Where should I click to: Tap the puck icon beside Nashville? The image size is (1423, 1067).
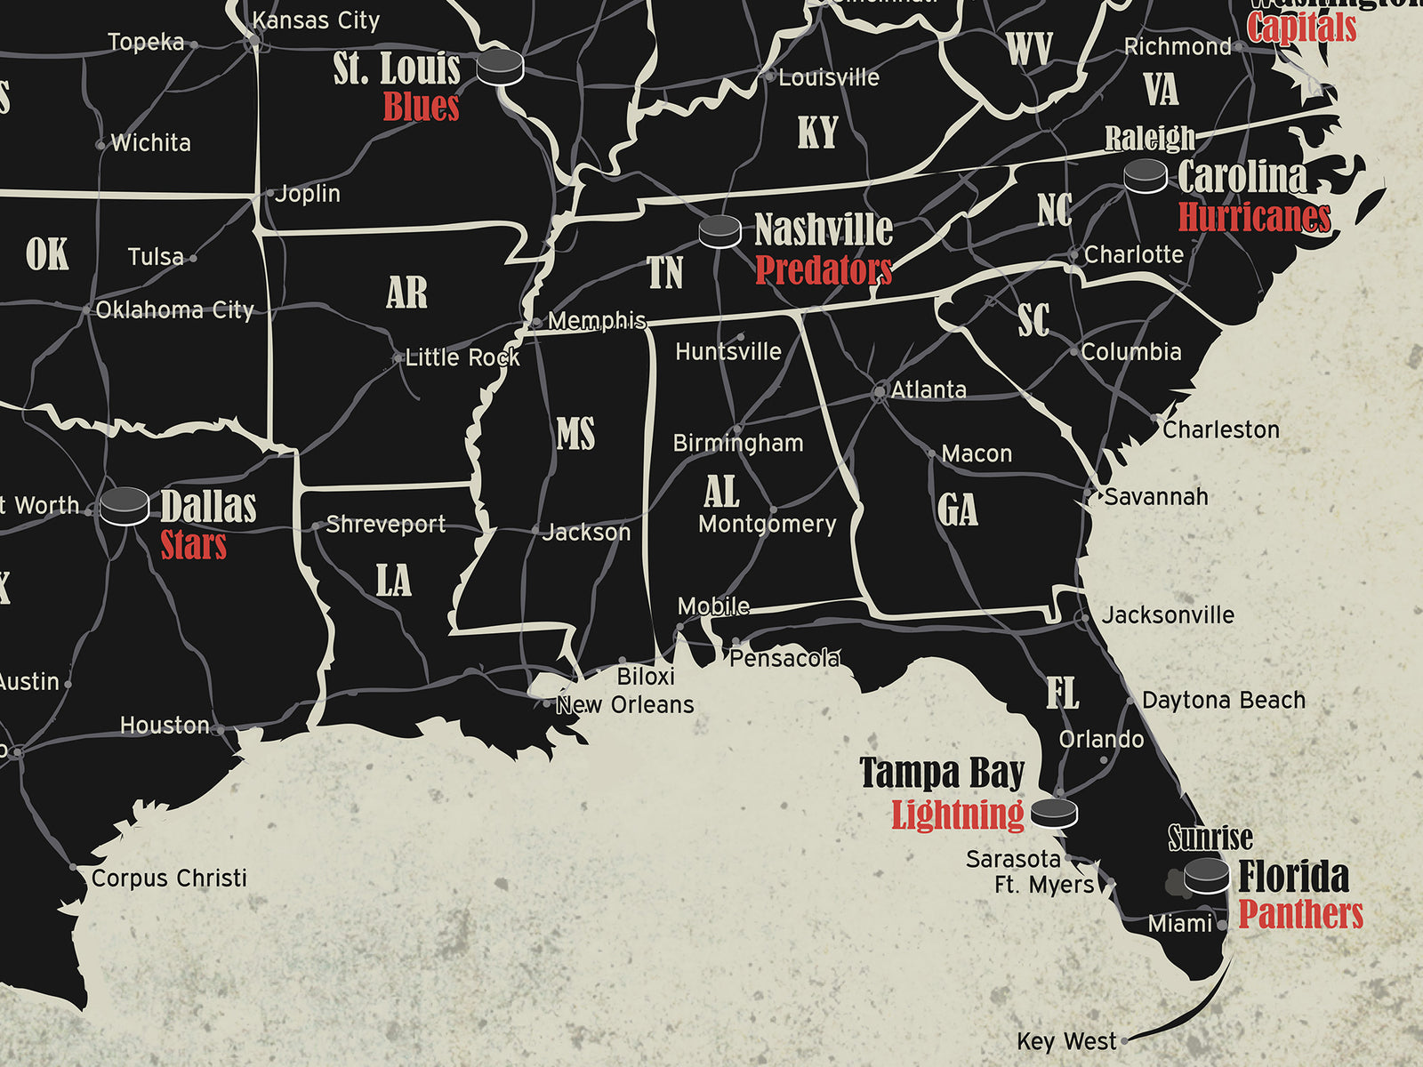[720, 231]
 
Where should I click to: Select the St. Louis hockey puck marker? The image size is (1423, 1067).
[499, 67]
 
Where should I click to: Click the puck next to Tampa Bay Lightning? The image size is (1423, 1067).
[1054, 813]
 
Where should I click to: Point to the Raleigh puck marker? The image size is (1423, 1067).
[1145, 176]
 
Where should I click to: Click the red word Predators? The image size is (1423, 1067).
[823, 270]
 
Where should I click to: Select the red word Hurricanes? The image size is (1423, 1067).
[1254, 217]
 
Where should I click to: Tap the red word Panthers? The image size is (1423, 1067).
[1300, 914]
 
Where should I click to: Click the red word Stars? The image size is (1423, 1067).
[193, 545]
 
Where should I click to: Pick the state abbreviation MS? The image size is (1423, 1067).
[575, 435]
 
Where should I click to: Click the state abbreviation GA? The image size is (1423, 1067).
[957, 510]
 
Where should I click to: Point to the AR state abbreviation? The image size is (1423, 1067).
[406, 293]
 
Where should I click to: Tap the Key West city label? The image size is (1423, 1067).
[1066, 1041]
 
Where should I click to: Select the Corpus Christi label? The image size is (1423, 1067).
[169, 878]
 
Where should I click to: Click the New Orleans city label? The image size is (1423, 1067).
[624, 705]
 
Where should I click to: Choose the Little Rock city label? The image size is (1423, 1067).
[462, 357]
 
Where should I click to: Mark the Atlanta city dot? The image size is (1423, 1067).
[880, 391]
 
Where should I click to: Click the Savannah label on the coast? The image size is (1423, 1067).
[1156, 497]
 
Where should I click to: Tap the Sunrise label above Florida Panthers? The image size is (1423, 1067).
[1210, 838]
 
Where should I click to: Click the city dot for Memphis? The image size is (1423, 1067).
[536, 322]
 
